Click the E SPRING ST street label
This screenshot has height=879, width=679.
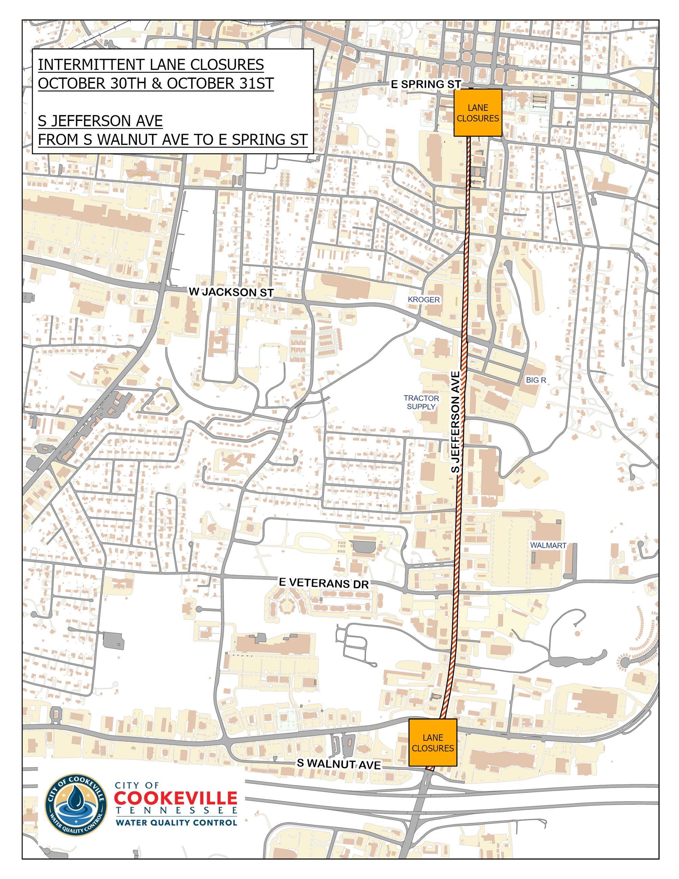[426, 85]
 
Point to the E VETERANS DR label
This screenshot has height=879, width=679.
[324, 583]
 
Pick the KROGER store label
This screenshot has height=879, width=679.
[423, 300]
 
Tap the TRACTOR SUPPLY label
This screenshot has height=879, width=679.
[421, 402]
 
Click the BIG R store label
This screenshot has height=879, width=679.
[536, 380]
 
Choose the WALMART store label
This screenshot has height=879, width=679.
[548, 546]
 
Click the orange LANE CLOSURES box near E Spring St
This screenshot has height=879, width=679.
[478, 113]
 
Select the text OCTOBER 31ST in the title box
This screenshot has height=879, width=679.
[220, 83]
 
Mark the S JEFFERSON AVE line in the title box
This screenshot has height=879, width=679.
[100, 121]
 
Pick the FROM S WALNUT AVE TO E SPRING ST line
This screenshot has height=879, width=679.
[173, 139]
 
